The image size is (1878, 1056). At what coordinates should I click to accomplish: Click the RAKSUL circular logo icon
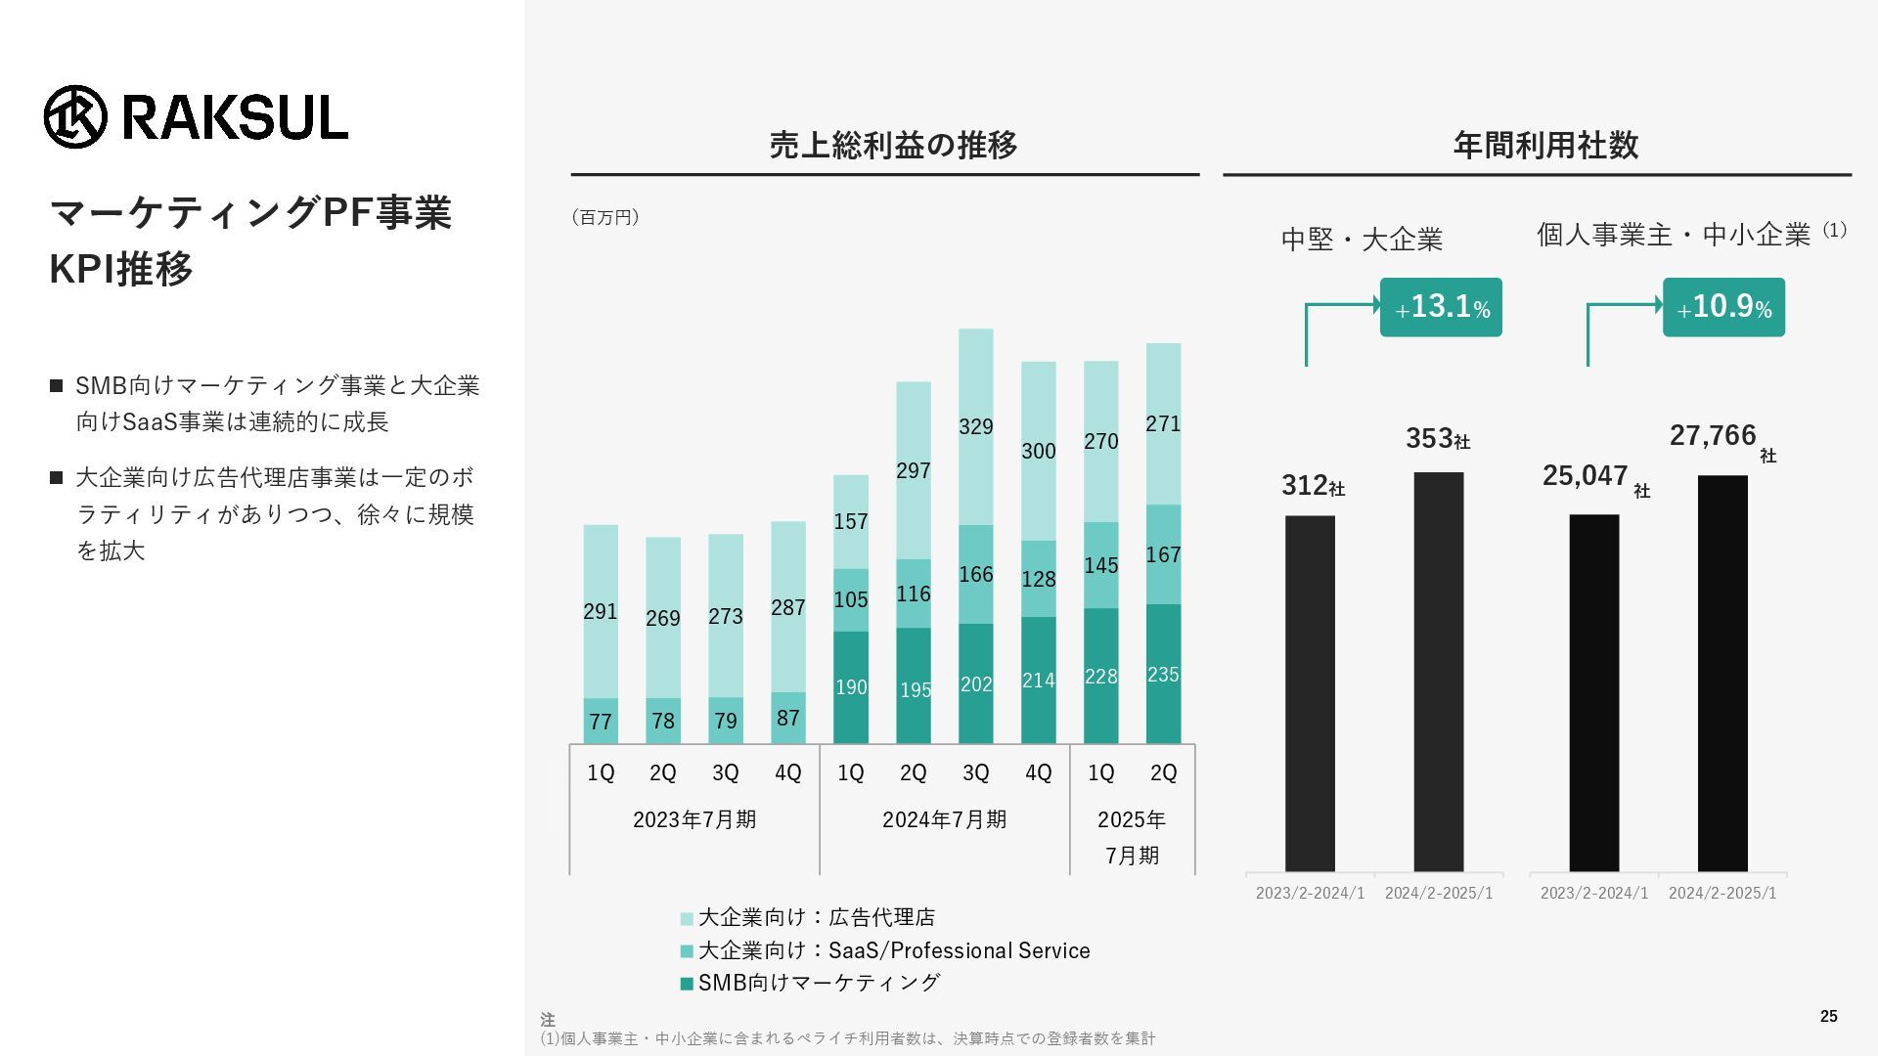click(75, 117)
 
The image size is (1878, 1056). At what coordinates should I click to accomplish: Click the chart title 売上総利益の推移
click(893, 146)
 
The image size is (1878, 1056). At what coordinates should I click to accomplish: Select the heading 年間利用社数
click(1545, 146)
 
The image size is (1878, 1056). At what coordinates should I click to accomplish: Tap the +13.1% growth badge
click(1441, 307)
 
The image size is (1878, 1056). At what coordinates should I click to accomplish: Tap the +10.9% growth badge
click(1723, 307)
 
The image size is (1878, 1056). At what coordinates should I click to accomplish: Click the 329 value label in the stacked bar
click(975, 427)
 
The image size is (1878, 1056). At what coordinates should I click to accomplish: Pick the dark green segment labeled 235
click(1163, 675)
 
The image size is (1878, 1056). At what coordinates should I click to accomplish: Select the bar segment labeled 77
click(601, 722)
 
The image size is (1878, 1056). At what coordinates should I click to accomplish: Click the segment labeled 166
click(975, 575)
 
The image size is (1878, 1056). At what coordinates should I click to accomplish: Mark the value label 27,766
click(1713, 436)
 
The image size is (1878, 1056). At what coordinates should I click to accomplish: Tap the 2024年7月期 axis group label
click(944, 819)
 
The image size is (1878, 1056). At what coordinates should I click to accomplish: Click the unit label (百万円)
click(605, 217)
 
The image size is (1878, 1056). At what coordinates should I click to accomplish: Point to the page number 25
click(1828, 1017)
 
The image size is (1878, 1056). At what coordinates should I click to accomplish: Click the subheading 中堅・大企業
click(1362, 240)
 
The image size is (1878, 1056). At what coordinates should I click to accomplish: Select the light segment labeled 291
click(601, 612)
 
